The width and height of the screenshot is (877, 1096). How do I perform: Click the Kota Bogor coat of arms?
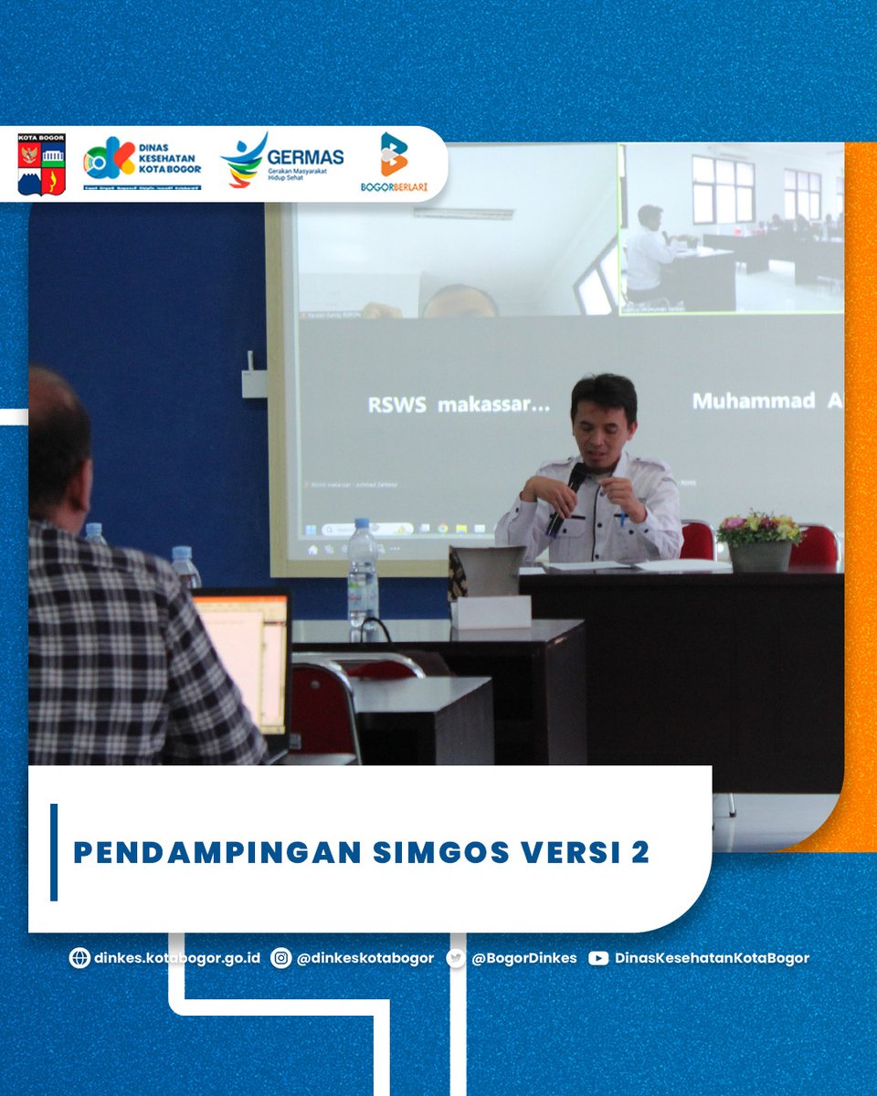tap(41, 164)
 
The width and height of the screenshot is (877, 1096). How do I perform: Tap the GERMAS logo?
tap(282, 161)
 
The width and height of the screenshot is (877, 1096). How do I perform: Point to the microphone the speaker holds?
tap(566, 499)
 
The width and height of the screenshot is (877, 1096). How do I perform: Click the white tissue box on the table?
tap(491, 611)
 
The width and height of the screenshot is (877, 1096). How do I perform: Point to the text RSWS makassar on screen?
tap(459, 404)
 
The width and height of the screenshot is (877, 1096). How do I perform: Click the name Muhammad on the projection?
tap(753, 401)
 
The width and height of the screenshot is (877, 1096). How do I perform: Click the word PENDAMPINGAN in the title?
tap(217, 852)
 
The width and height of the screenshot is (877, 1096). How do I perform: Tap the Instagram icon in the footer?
tap(281, 958)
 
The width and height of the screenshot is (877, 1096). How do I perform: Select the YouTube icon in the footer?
tap(598, 958)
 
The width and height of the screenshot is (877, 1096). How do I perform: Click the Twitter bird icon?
tap(456, 958)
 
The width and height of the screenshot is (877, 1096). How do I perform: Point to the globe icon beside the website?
tap(79, 958)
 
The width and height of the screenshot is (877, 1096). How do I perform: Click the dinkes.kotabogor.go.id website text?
tap(177, 958)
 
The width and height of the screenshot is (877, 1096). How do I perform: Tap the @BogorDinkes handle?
tap(524, 958)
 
